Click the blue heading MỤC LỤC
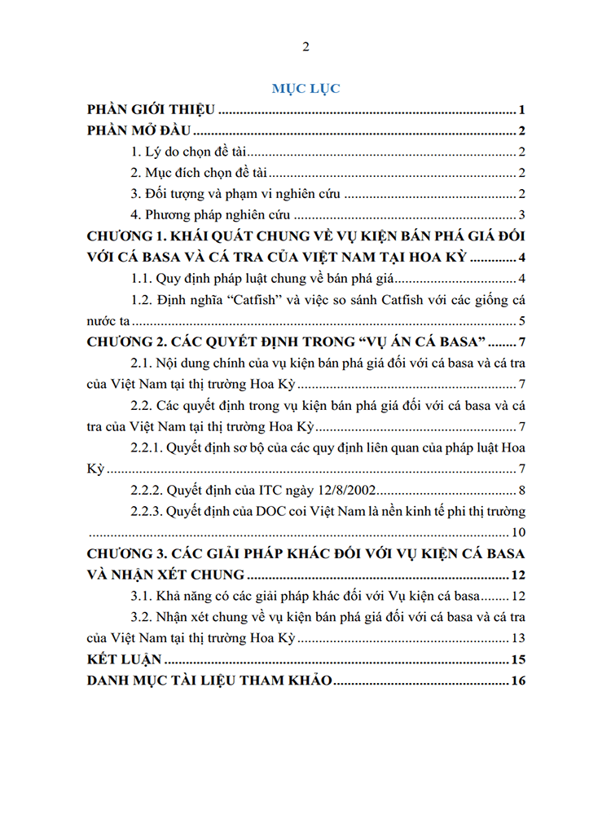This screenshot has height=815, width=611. pyautogui.click(x=305, y=89)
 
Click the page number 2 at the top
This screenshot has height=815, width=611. pyautogui.click(x=305, y=46)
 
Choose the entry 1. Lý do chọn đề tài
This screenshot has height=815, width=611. pyautogui.click(x=192, y=152)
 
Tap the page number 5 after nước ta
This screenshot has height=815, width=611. pyautogui.click(x=521, y=320)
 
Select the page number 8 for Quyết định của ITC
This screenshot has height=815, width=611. pyautogui.click(x=521, y=490)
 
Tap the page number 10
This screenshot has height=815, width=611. pyautogui.click(x=518, y=532)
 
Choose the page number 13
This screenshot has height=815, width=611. pyautogui.click(x=518, y=637)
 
